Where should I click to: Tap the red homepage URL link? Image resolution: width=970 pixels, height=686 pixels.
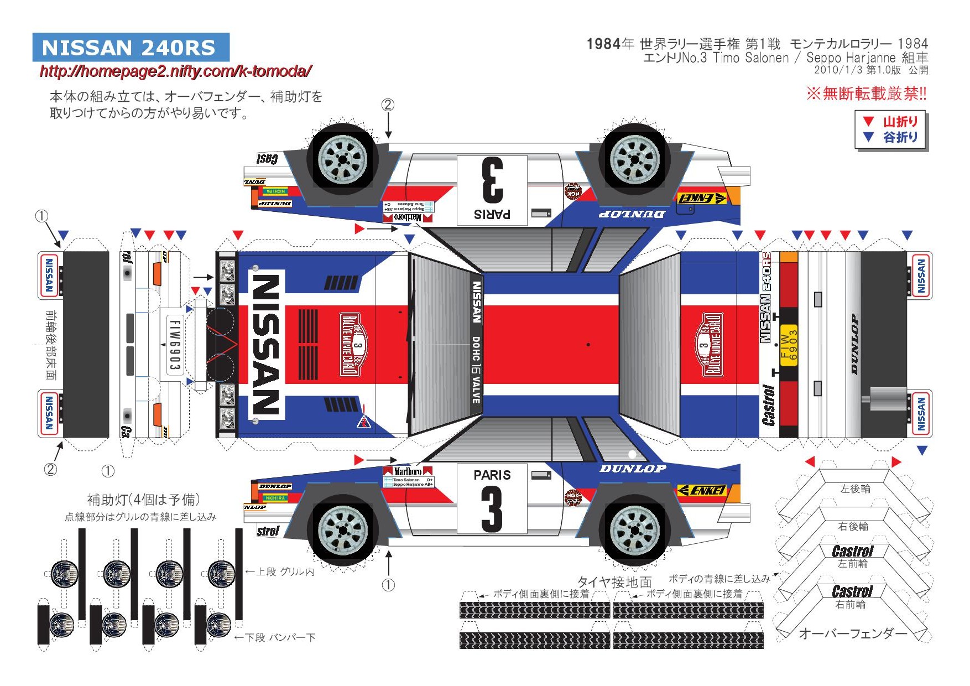point(176,71)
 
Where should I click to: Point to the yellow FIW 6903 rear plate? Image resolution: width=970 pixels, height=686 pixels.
point(788,345)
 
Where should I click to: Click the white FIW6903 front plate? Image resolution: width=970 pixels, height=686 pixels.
point(174,344)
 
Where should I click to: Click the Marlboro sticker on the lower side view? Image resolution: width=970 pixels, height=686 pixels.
point(408,471)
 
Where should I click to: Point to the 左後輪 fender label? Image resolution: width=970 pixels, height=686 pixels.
point(855,489)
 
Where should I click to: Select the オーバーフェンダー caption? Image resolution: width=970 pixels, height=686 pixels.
point(853,633)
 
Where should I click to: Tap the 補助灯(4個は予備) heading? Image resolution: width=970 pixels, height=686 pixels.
point(143,500)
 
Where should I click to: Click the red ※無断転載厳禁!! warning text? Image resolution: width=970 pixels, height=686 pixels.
point(866,94)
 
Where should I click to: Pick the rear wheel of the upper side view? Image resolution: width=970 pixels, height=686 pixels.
point(635,159)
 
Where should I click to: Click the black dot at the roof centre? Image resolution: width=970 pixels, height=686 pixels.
point(588,345)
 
